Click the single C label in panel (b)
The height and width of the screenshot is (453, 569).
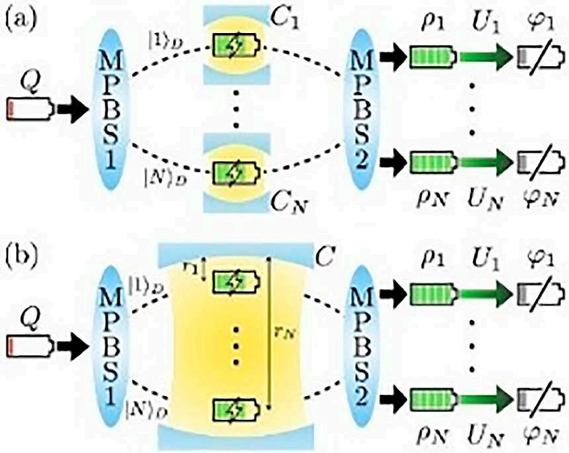[x=323, y=253]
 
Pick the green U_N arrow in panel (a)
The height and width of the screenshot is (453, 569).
[x=485, y=163]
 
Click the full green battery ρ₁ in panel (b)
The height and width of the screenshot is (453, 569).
[x=431, y=289]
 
